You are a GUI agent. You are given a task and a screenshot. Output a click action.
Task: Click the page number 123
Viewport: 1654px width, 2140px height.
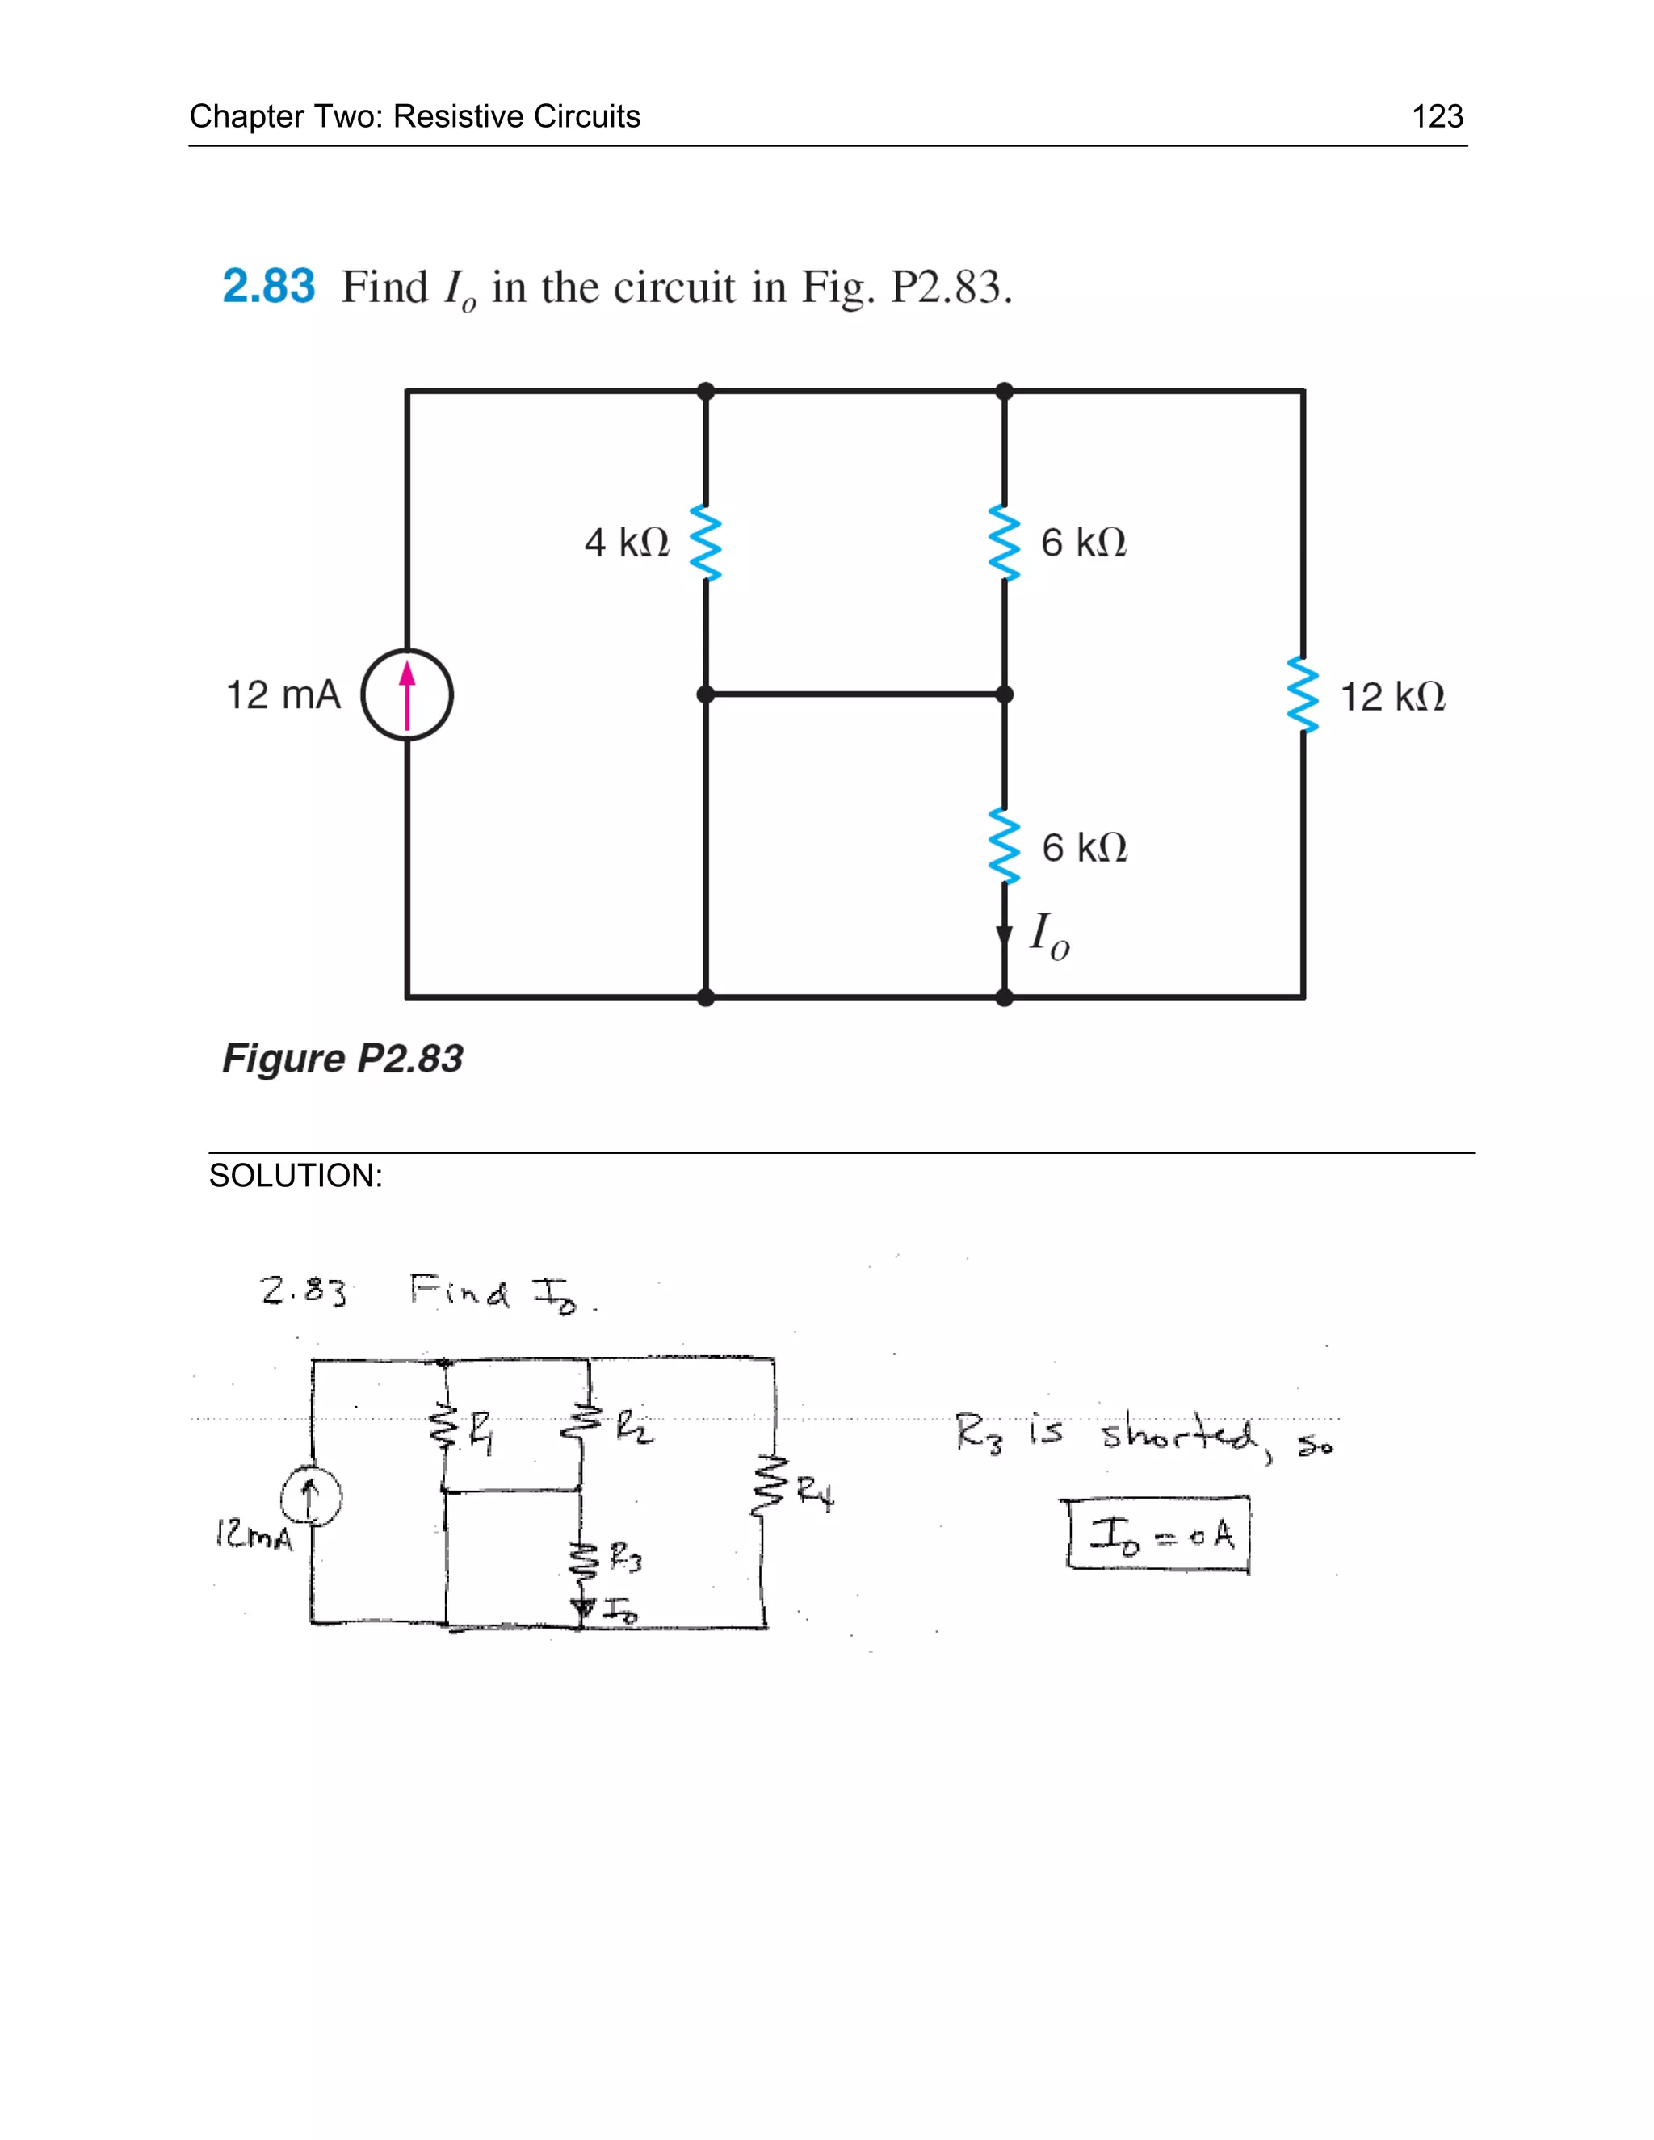tap(1437, 116)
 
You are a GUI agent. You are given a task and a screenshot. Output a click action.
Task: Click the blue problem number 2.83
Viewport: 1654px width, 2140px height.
tap(268, 287)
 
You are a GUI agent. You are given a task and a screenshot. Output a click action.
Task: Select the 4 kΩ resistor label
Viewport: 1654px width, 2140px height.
tap(627, 543)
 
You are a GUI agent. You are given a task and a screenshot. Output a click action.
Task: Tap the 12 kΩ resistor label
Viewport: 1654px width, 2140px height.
tap(1392, 698)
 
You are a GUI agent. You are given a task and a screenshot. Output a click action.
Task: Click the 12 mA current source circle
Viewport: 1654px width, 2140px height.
tap(407, 694)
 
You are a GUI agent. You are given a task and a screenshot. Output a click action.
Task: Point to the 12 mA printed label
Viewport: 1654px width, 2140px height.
tap(283, 695)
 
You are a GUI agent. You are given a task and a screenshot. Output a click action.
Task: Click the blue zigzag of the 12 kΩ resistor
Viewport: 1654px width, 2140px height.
tap(1303, 694)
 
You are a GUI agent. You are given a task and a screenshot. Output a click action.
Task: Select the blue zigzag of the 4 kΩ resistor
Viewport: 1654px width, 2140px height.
tap(706, 543)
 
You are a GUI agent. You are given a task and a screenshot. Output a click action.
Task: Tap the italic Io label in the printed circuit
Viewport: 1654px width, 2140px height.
tap(1049, 936)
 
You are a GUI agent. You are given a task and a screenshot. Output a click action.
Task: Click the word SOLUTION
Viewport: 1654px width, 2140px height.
tap(295, 1176)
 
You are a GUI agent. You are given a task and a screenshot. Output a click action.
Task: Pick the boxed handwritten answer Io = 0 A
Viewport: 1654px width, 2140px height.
tap(1159, 1534)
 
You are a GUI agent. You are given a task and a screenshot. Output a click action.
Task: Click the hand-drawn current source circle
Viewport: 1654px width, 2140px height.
tap(311, 1498)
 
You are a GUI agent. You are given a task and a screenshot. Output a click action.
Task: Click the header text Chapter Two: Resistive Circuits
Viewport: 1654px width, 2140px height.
tap(414, 116)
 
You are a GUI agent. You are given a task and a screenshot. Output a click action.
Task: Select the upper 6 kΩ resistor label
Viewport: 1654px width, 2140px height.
tap(1083, 543)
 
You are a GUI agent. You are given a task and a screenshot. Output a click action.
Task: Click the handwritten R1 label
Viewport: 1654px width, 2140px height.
tap(481, 1437)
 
